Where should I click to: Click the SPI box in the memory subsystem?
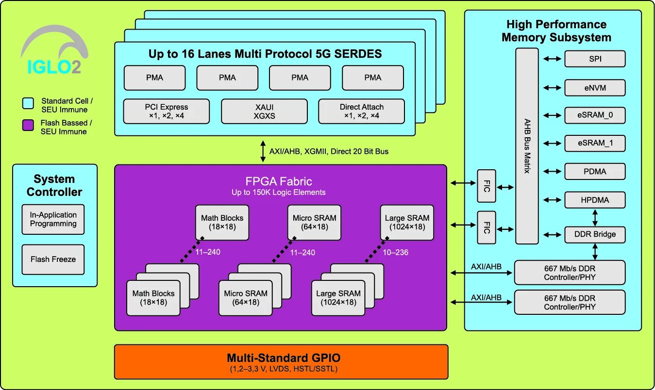coord(594,59)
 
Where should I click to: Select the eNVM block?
coord(594,88)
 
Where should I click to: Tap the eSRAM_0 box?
coord(594,115)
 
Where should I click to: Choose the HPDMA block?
coord(594,200)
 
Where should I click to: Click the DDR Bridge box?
coord(594,234)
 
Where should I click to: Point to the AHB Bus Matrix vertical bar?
coord(527,146)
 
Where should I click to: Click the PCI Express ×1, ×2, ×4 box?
coord(166,111)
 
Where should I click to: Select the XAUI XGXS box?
coord(264,111)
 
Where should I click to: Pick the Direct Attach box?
coord(361,111)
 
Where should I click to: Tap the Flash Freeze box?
coord(53,260)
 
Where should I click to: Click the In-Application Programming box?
coord(53,219)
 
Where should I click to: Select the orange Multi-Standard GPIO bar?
coord(281,362)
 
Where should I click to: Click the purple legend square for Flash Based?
coord(28,126)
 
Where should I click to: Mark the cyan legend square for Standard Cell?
coord(28,103)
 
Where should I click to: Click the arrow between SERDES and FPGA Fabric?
coord(263,151)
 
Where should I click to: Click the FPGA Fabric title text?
coord(279,182)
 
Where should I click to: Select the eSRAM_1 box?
coord(594,144)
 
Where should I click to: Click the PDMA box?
coord(594,172)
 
